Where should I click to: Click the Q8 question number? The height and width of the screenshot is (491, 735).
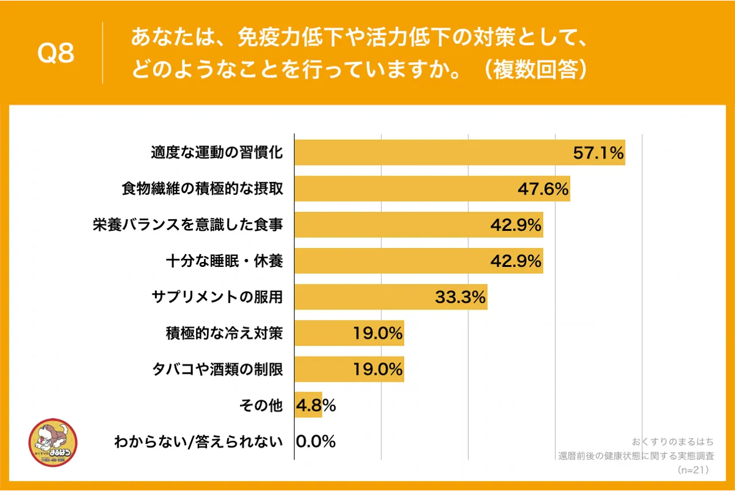tap(56, 53)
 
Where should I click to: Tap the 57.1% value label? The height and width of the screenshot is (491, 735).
tap(598, 153)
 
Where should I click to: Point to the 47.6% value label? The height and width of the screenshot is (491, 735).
tap(543, 189)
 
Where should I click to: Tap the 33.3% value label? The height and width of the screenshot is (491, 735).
tap(460, 297)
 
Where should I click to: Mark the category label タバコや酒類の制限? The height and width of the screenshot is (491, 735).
tap(217, 369)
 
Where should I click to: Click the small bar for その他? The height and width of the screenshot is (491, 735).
tap(308, 406)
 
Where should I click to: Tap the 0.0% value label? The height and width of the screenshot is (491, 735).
tap(316, 442)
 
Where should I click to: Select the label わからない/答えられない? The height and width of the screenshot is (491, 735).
tap(199, 442)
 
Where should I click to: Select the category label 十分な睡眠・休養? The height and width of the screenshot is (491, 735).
tap(224, 261)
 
